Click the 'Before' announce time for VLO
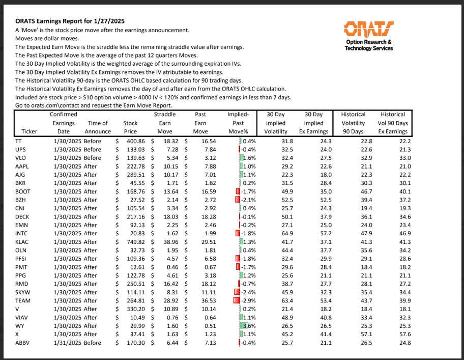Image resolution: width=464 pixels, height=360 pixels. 93,158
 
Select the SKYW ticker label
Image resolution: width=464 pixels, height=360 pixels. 24,292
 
